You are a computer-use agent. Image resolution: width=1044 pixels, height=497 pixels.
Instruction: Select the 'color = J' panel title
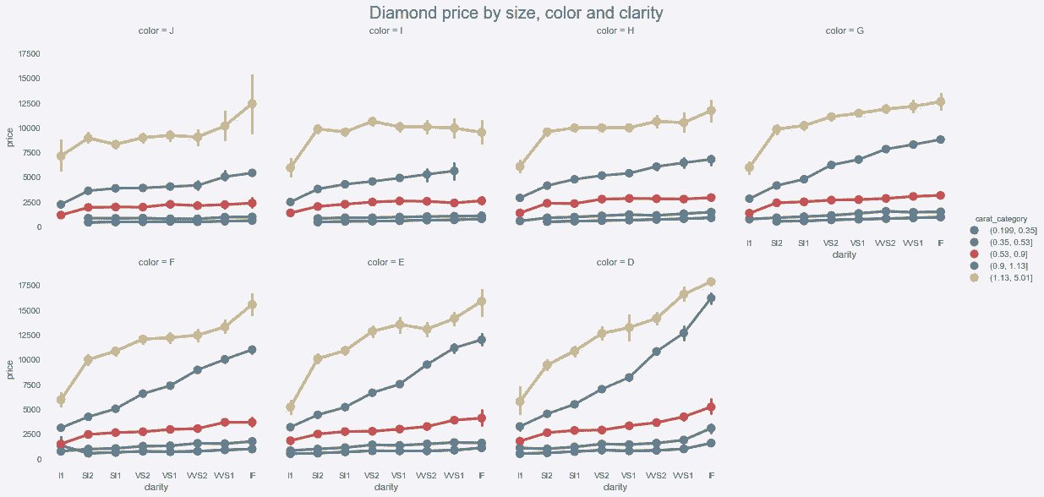tap(156, 31)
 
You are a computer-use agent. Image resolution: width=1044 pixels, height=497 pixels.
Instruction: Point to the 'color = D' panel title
tap(615, 262)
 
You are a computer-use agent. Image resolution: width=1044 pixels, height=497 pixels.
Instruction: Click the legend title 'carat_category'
tap(999, 220)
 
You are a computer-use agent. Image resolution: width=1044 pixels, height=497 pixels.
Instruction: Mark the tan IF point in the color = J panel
tap(252, 104)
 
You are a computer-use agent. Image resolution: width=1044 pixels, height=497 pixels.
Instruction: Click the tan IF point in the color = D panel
tap(711, 282)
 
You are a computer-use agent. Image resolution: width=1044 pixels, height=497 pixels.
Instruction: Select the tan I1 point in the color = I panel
tap(291, 167)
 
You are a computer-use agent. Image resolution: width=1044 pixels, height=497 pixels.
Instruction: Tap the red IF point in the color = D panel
tap(711, 407)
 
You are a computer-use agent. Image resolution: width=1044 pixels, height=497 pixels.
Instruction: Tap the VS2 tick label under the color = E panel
tap(372, 475)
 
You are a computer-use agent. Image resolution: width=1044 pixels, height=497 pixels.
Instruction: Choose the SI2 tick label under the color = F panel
tap(88, 475)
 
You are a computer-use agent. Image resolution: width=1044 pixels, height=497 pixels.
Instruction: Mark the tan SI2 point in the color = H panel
tap(547, 132)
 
